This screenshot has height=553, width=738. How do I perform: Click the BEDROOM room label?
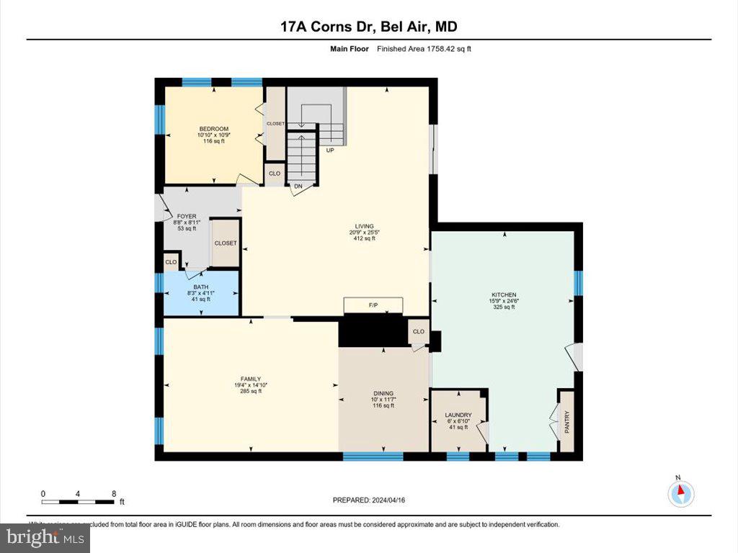coord(213,129)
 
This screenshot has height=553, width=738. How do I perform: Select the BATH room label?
coord(200,287)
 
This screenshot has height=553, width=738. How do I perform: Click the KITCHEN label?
coord(504,295)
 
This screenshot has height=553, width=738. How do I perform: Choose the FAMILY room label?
coord(250,379)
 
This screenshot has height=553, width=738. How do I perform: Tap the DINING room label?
coord(383,393)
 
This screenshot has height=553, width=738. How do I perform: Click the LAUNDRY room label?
coord(458,415)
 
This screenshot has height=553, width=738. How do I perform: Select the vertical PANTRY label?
coord(566,422)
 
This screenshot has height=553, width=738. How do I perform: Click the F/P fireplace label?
coord(373,306)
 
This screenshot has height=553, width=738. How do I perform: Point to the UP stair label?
coord(330,150)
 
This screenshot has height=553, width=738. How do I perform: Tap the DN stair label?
coord(298,186)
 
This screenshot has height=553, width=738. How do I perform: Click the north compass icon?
coord(679,493)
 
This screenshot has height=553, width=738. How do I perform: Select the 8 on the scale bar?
coord(114,494)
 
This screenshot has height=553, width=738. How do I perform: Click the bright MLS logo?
coord(45,537)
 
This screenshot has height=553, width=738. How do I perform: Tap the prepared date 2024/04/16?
coord(373,500)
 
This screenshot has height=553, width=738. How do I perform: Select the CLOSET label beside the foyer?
coord(226,243)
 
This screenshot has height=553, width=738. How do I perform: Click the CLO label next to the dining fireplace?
coord(419,332)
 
